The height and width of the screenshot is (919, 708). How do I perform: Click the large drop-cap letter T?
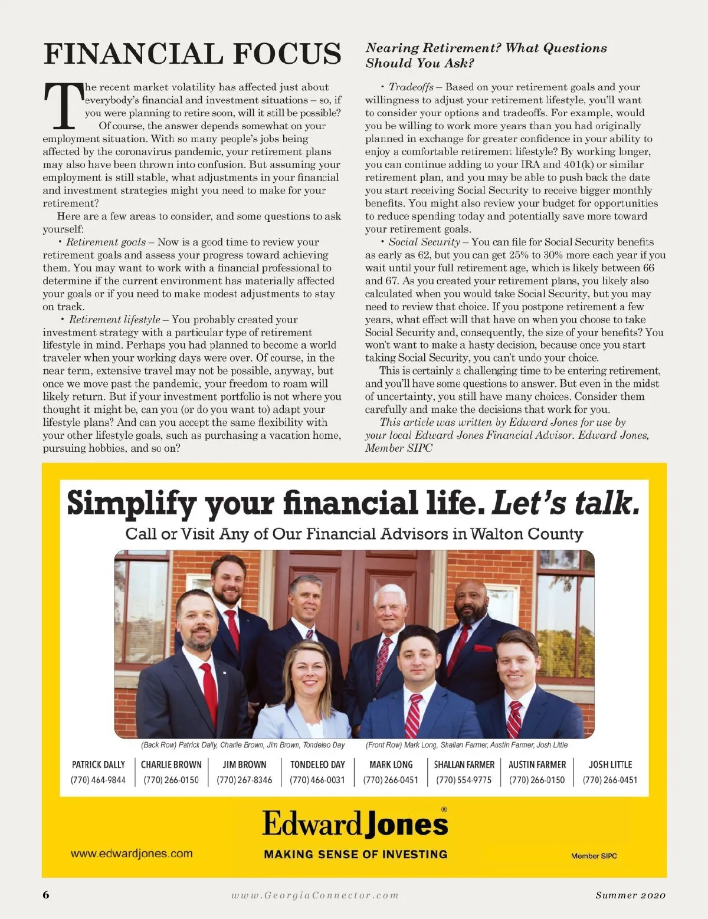click(63, 106)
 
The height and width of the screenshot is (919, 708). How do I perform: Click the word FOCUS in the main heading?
click(287, 54)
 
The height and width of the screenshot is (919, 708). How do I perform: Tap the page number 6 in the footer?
click(47, 895)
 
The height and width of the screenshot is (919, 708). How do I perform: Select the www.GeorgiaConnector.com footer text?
click(315, 895)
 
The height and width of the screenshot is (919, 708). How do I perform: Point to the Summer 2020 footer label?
click(630, 895)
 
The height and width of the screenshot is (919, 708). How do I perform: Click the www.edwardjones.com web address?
click(132, 854)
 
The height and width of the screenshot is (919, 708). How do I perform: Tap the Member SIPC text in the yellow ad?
click(594, 856)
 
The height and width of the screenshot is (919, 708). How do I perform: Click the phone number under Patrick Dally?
click(98, 780)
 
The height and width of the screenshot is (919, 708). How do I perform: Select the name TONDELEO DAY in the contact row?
click(317, 764)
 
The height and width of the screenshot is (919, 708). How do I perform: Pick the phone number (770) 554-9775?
click(464, 780)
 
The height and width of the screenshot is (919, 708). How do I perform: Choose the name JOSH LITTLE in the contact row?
click(610, 764)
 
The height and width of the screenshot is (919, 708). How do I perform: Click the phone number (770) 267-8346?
click(244, 780)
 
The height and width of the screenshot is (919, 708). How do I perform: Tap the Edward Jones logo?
click(355, 823)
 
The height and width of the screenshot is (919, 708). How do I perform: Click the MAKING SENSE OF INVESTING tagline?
click(355, 854)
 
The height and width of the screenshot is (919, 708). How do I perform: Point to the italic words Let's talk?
click(565, 503)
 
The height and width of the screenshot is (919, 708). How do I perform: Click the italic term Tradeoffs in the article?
click(411, 87)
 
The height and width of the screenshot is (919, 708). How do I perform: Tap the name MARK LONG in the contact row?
click(391, 764)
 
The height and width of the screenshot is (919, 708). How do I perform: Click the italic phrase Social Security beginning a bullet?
click(424, 242)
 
